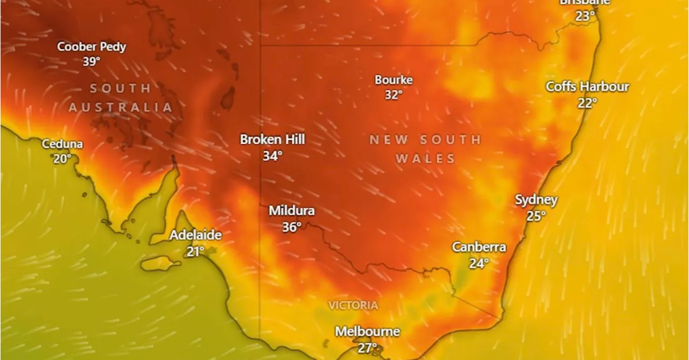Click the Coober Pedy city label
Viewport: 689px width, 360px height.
92,47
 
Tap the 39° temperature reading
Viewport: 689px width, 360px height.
92,61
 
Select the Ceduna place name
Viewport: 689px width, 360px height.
62,144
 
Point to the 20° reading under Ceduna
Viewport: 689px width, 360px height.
62,159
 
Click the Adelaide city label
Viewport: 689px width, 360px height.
195,235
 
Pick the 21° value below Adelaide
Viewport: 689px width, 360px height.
195,251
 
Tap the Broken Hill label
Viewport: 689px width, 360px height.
272,139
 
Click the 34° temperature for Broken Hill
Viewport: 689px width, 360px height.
272,156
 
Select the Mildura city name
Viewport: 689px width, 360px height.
292,211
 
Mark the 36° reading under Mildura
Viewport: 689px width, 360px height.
292,227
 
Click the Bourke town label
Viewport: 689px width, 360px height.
393,80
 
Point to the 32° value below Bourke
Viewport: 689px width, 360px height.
393,95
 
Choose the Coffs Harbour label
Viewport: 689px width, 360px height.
587,87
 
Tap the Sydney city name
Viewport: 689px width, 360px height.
536,200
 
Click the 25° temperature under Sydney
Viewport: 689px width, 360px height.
536,216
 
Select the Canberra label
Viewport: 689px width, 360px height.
479,247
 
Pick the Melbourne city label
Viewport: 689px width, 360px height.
367,331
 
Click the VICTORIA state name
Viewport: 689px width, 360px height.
353,306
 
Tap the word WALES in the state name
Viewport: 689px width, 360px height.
425,159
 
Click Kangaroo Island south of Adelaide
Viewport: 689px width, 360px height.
160,264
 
